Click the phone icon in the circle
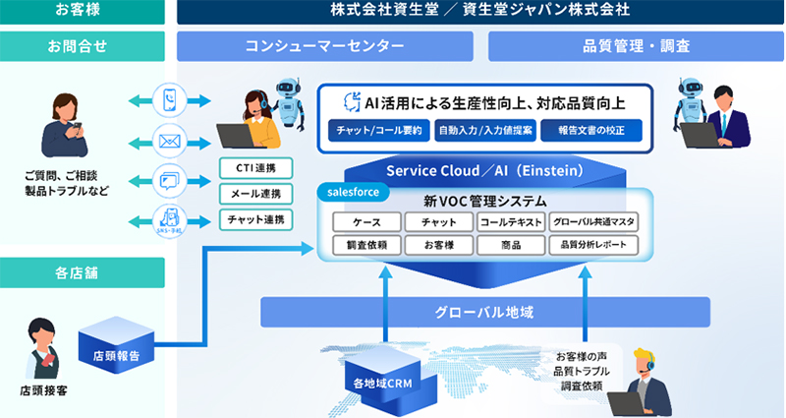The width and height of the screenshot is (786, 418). click(169, 99)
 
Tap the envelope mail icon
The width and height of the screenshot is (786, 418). click(169, 142)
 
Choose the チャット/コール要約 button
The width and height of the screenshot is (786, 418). click(378, 130)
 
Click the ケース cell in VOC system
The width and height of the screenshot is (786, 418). click(367, 222)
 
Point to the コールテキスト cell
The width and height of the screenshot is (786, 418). click(511, 222)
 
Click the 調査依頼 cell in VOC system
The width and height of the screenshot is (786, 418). click(367, 245)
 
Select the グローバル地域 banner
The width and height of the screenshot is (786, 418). click(485, 312)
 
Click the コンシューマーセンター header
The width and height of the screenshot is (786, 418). click(324, 46)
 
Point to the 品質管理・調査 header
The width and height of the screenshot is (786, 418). click(636, 46)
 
